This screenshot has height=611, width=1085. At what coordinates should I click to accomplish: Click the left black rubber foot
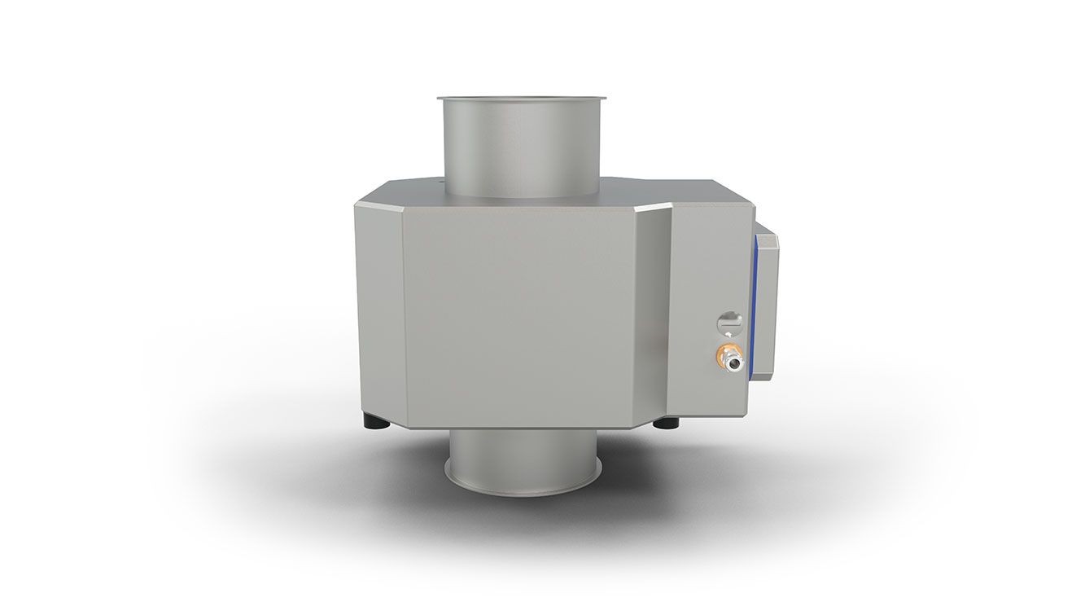[374, 421]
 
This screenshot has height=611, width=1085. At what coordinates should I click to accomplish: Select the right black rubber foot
[672, 423]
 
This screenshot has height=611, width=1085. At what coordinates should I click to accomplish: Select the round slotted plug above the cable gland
[729, 324]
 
